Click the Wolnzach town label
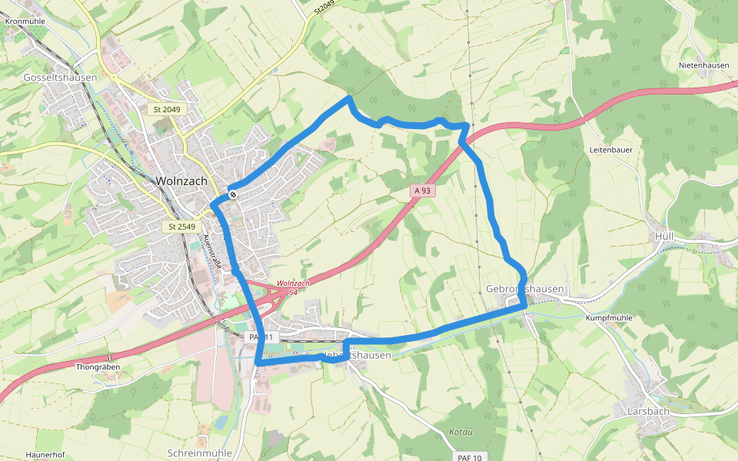(x=181, y=181)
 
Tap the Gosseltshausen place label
(x=60, y=78)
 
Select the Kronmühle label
(x=26, y=22)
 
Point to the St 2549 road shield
(x=182, y=227)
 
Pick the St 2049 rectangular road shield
(x=167, y=110)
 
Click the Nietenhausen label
(x=703, y=65)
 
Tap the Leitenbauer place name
(x=610, y=150)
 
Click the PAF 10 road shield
(x=469, y=458)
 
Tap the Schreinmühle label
(x=200, y=453)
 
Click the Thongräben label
(x=98, y=367)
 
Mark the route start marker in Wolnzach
(x=231, y=195)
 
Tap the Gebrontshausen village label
(x=525, y=289)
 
